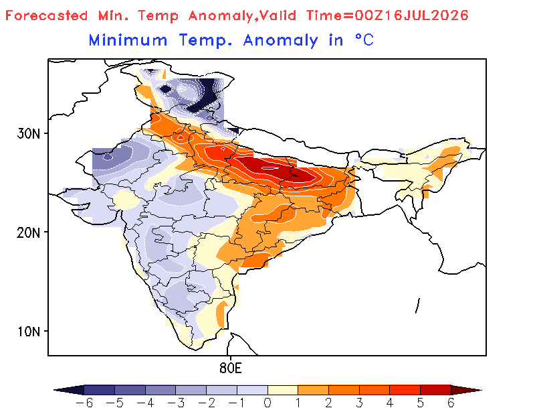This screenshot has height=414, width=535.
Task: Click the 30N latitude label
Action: coord(28,133)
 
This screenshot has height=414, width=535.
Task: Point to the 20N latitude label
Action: coord(28,233)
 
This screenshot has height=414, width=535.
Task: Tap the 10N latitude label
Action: coord(28,332)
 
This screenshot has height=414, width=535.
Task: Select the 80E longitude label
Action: coord(231,368)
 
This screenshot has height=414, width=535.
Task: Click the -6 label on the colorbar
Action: coord(84,403)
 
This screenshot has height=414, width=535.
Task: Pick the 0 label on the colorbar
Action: coord(267,403)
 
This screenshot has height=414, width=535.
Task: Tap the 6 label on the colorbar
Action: coord(451,403)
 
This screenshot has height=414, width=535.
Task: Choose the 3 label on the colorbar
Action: coord(359,403)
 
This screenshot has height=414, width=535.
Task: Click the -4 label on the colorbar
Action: coord(145,403)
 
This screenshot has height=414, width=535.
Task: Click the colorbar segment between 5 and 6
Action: coord(435,390)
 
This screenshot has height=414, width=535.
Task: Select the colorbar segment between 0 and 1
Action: coord(283,390)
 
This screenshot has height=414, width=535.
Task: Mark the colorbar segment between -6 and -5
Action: coord(99,390)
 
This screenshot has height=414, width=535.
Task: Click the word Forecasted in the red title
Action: coord(46,15)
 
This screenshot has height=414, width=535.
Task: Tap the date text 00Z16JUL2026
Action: coord(411,15)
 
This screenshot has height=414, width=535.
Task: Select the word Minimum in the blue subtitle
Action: coord(128,40)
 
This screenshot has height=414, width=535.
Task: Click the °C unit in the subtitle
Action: coord(364,40)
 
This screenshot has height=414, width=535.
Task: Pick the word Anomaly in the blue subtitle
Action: coord(280,41)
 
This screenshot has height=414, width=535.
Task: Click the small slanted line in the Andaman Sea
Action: coord(417,305)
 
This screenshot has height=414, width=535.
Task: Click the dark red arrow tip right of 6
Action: coord(466,390)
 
